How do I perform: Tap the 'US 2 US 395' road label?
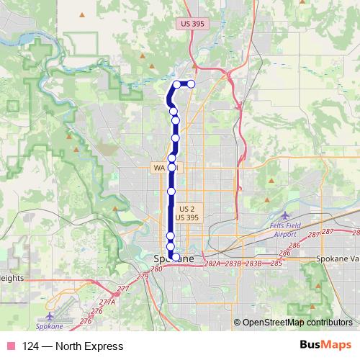coord(186,212)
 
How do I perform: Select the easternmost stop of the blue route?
coord(191,84)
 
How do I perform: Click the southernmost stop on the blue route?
coord(176,256)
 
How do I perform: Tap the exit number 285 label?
coord(276,264)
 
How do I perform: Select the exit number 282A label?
coord(212,264)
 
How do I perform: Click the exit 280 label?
coord(158,269)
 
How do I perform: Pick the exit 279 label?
coord(143,276)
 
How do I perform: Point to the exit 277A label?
coord(107,302)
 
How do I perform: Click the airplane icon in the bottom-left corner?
coord(49,315)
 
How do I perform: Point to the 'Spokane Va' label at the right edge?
coord(338,258)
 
